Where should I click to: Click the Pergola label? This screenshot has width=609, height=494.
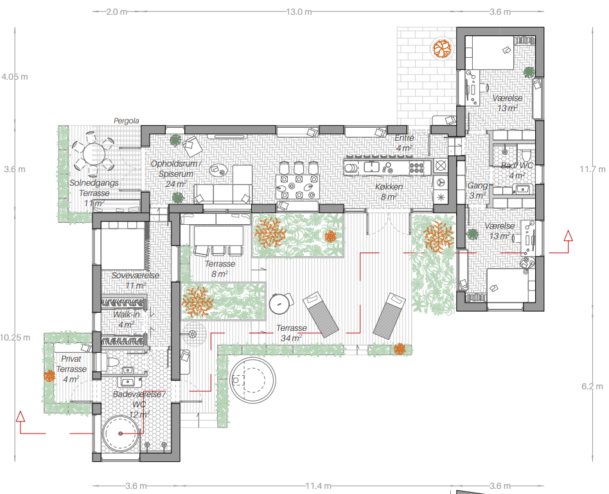click(x=126, y=121)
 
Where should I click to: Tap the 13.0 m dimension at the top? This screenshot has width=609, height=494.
click(x=299, y=12)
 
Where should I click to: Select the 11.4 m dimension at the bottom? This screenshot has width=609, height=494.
click(x=319, y=486)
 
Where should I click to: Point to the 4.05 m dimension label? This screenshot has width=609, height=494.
click(x=15, y=77)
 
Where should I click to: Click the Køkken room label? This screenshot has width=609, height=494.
click(x=389, y=187)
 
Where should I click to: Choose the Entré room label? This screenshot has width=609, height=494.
click(x=404, y=138)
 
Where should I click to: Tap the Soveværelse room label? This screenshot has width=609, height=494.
click(x=135, y=276)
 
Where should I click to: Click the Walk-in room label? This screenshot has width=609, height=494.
click(x=126, y=315)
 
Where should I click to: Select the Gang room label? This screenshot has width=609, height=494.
click(x=477, y=186)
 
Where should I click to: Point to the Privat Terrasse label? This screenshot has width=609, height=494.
click(x=71, y=364)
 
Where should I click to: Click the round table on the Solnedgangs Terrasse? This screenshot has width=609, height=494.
click(x=94, y=154)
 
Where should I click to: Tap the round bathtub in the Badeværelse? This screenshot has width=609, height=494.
click(x=121, y=434)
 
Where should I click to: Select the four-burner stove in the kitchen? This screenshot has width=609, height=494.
click(x=416, y=168)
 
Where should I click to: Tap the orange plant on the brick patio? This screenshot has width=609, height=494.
click(x=443, y=49)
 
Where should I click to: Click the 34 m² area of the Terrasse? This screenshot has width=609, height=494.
click(x=291, y=339)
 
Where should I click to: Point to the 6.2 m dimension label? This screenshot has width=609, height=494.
click(x=592, y=387)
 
